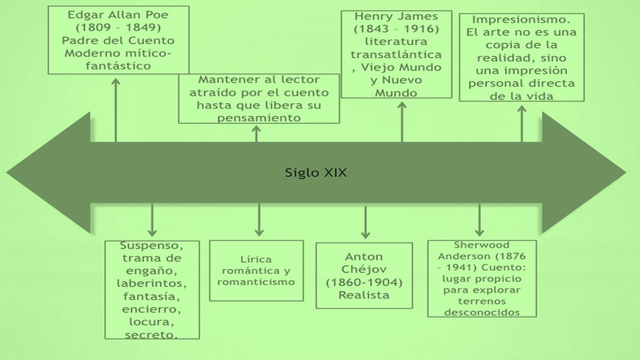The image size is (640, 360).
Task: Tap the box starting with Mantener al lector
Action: pos(257,98)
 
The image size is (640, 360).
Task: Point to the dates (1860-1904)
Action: pos(365,282)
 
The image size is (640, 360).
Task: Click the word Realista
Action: pos(364,296)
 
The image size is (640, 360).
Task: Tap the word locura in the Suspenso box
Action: pos(152,323)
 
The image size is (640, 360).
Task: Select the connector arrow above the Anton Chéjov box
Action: pos(365,222)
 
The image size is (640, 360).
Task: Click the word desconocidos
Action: pos(479,311)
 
